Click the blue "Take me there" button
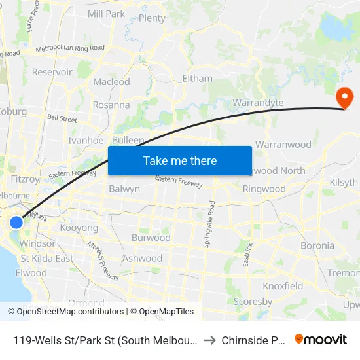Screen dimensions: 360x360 [x=179, y=160]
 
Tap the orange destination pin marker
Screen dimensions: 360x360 [x=344, y=98]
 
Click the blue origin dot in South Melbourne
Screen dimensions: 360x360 [x=16, y=223]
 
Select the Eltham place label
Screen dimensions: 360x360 [x=198, y=78]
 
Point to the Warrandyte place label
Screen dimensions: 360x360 [x=258, y=103]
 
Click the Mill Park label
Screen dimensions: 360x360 [x=106, y=14]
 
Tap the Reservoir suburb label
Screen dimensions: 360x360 [x=52, y=72]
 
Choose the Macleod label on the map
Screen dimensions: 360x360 [x=111, y=82]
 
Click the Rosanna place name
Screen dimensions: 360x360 [x=111, y=105]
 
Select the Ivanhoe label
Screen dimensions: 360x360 [x=86, y=140]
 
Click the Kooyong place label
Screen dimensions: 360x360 [x=79, y=228]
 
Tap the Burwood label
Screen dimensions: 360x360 [x=151, y=238]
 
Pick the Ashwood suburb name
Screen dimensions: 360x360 [x=142, y=258]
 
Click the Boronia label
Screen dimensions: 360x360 [x=317, y=245]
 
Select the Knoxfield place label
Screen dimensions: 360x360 [x=283, y=286]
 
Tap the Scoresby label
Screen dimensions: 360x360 [x=253, y=302]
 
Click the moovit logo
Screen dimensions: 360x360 [x=321, y=339]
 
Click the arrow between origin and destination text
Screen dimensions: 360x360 [x=209, y=340]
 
